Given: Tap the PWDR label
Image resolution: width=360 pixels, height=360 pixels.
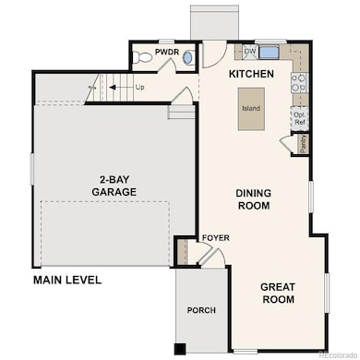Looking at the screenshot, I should click(166, 53).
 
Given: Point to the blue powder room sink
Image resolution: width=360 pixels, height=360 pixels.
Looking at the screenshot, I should click(187, 57).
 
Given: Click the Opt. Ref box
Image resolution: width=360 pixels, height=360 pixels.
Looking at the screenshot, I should click(299, 117).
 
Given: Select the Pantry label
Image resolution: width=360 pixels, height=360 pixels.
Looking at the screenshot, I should click(303, 144).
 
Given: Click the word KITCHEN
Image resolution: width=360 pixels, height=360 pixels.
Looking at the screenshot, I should click(251, 73).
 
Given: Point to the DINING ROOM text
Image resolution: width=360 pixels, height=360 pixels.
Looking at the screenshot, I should click(252, 199).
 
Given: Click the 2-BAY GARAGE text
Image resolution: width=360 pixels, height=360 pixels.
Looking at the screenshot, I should click(114, 186).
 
